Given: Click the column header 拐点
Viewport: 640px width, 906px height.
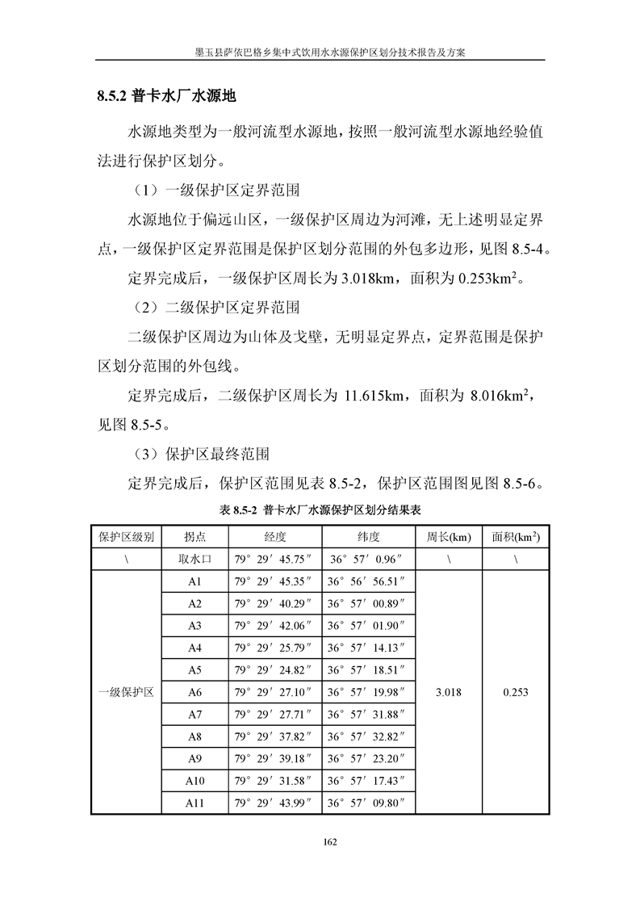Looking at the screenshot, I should (195, 537).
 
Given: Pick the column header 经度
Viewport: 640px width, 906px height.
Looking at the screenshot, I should (275, 537).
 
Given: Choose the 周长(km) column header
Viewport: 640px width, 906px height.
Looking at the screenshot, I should (448, 537).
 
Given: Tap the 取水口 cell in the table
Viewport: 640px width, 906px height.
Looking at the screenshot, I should (195, 559).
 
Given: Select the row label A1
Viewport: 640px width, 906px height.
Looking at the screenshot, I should (195, 581).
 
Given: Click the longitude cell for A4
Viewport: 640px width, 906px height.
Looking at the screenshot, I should (274, 648).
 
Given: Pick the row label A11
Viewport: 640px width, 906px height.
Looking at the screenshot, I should (195, 803).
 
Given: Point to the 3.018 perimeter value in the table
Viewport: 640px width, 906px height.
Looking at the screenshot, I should (448, 693).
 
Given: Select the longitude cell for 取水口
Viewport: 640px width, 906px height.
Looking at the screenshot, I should (274, 559).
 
